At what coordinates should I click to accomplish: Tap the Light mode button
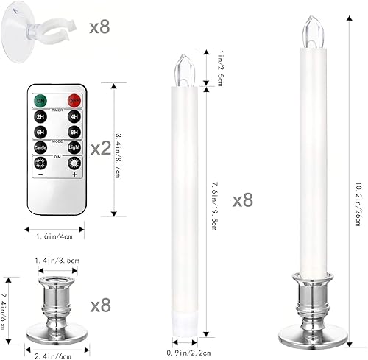pyautogui.click(x=74, y=148)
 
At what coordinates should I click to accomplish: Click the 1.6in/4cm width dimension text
pyautogui.click(x=57, y=236)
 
